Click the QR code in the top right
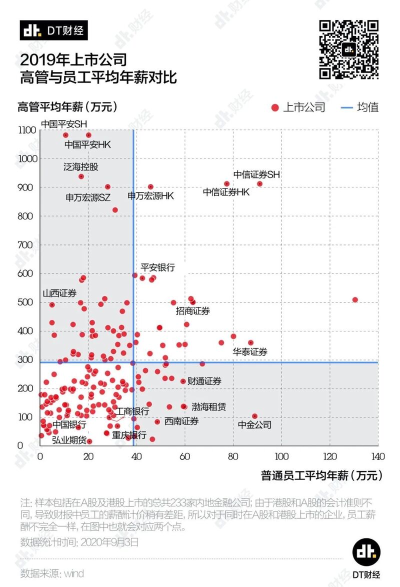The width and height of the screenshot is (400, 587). pyautogui.click(x=348, y=49)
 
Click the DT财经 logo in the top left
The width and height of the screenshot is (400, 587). pyautogui.click(x=54, y=30)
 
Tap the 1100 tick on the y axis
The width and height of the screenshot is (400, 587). pyautogui.click(x=27, y=130)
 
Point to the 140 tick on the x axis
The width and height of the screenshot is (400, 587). pyautogui.click(x=377, y=456)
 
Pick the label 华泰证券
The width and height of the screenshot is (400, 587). pyautogui.click(x=250, y=351)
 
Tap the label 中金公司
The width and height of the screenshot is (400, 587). pyautogui.click(x=254, y=425)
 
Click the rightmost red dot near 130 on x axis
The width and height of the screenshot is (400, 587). pyautogui.click(x=355, y=299)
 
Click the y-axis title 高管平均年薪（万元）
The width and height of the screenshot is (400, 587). pyautogui.click(x=67, y=107)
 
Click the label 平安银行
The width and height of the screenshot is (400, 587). pyautogui.click(x=157, y=267)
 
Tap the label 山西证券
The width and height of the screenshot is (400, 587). pyautogui.click(x=59, y=293)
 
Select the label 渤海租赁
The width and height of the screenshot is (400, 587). pyautogui.click(x=208, y=407)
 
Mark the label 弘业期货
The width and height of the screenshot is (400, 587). pyautogui.click(x=69, y=440)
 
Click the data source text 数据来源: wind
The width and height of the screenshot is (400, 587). pyautogui.click(x=52, y=573)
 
